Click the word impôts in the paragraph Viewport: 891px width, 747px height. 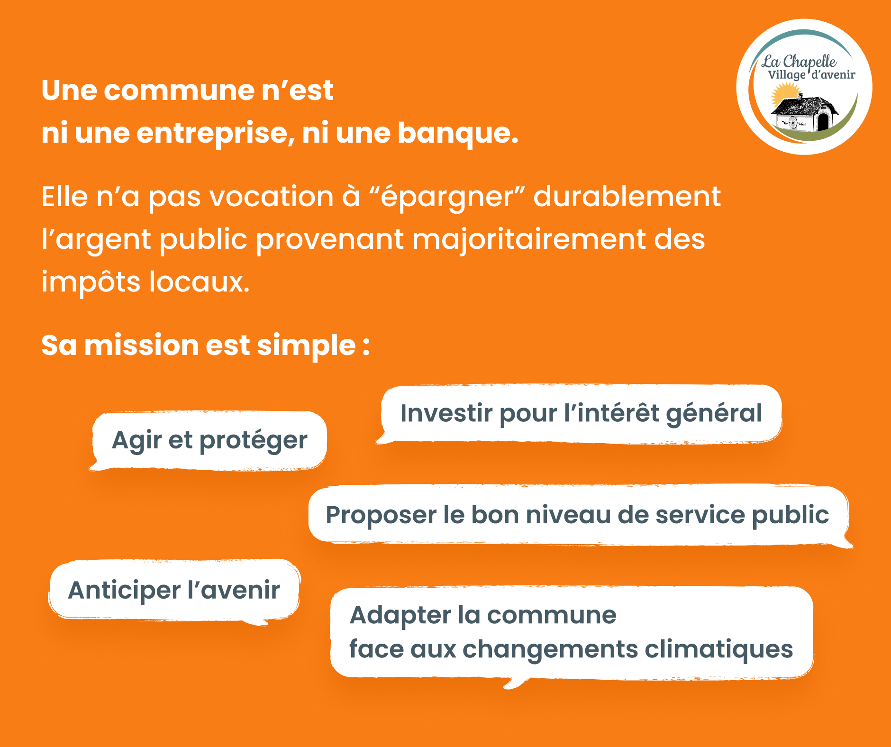click(91, 282)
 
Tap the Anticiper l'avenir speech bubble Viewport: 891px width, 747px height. click(174, 591)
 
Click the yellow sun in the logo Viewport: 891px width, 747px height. click(785, 94)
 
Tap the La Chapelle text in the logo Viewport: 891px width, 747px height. click(799, 61)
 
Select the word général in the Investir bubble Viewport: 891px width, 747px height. click(714, 414)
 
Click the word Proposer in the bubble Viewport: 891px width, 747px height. click(381, 516)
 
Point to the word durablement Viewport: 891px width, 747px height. click(627, 196)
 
